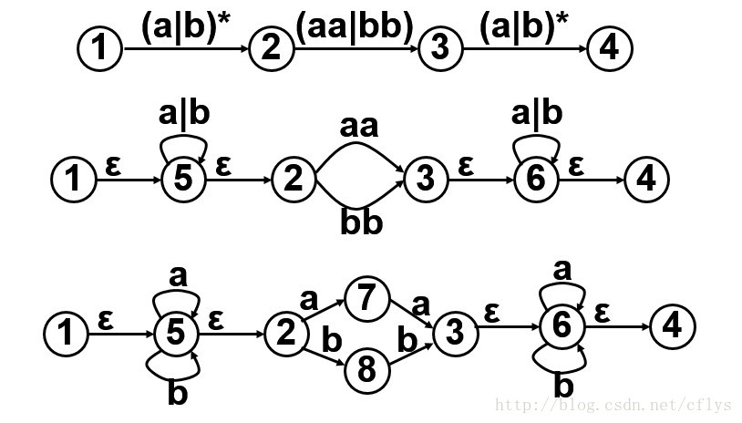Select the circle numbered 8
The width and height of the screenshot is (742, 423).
point(366,371)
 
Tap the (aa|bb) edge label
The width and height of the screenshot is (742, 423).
point(354,27)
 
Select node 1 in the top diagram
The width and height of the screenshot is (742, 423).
point(99,48)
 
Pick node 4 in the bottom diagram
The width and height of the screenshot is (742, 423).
point(672,325)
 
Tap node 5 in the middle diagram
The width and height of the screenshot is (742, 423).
point(183,178)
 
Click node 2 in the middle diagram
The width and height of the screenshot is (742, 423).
point(293,178)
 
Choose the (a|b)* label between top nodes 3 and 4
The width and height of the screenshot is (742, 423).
point(524,27)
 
